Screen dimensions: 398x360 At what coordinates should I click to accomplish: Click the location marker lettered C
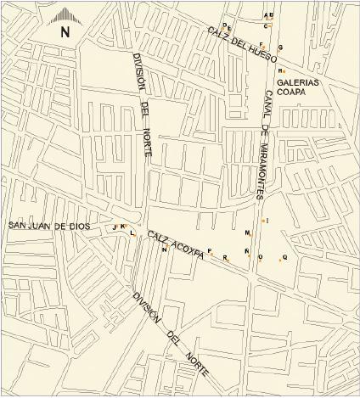tap(266, 27)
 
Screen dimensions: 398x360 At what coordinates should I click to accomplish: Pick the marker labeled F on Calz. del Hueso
tap(262, 45)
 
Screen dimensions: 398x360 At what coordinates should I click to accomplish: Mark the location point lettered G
tap(279, 48)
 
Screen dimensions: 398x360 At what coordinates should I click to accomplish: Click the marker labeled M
tap(248, 233)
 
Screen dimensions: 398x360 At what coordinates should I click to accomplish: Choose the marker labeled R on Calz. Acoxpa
tap(225, 257)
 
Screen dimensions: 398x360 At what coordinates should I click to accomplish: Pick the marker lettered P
tap(210, 251)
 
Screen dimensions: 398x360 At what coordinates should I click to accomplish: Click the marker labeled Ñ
tap(247, 251)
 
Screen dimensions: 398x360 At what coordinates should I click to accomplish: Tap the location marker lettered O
tap(261, 257)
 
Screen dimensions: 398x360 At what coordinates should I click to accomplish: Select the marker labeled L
tap(132, 232)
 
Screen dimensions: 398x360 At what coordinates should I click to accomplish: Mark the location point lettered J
tap(115, 227)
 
